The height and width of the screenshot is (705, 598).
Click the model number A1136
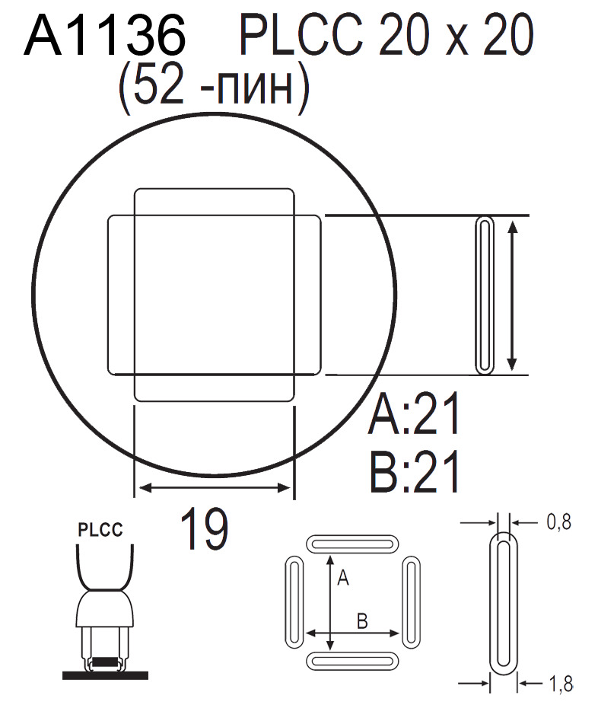(105, 36)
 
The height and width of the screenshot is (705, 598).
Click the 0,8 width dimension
(558, 522)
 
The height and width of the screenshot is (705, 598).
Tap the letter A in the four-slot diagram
(342, 579)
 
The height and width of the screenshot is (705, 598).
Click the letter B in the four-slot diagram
(362, 621)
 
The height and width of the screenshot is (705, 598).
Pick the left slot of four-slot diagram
(293, 601)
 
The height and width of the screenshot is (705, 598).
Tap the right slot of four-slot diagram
(411, 601)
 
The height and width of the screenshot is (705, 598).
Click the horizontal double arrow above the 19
(213, 487)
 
